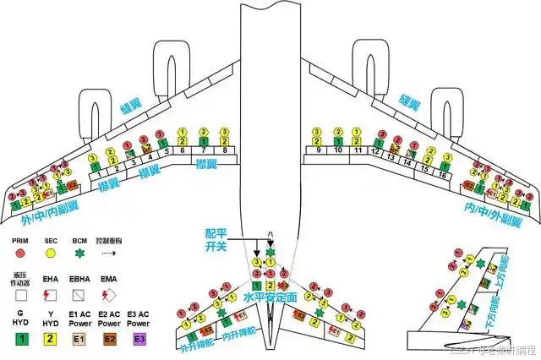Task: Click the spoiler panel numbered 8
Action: (224, 150)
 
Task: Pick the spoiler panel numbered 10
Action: (337, 150)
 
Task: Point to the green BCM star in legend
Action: (80, 251)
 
